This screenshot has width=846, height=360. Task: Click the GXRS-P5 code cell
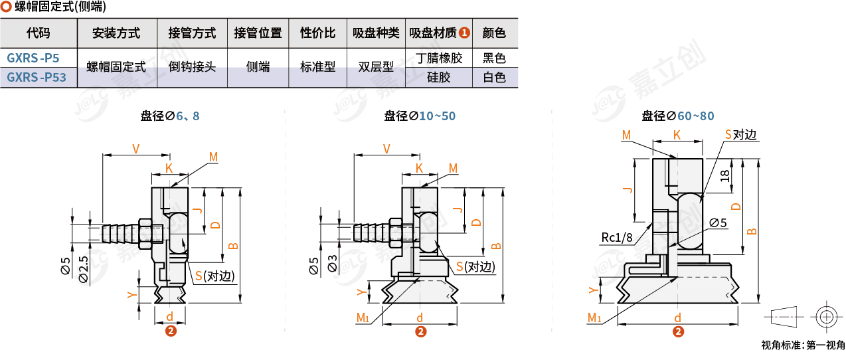tap(37, 58)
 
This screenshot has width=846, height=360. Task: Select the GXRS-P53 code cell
tap(37, 78)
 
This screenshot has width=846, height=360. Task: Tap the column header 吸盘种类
tap(376, 33)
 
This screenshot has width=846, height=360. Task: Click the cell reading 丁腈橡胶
tap(438, 58)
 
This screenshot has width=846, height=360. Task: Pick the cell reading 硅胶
tap(438, 78)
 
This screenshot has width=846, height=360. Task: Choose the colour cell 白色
tap(494, 78)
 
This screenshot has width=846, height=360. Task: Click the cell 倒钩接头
tap(192, 67)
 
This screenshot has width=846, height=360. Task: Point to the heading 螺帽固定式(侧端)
tap(59, 8)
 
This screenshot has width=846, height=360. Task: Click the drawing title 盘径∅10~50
tap(420, 116)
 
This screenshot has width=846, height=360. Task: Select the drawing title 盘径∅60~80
tap(677, 116)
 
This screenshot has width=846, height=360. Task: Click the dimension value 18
tap(725, 175)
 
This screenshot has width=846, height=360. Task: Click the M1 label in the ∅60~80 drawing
tap(594, 318)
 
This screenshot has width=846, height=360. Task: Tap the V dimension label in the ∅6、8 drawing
tap(135, 149)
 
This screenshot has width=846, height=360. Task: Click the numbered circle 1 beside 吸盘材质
tap(464, 33)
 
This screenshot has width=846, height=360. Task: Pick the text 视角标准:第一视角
tap(803, 345)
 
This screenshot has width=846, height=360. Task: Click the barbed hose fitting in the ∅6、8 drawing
tap(120, 233)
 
